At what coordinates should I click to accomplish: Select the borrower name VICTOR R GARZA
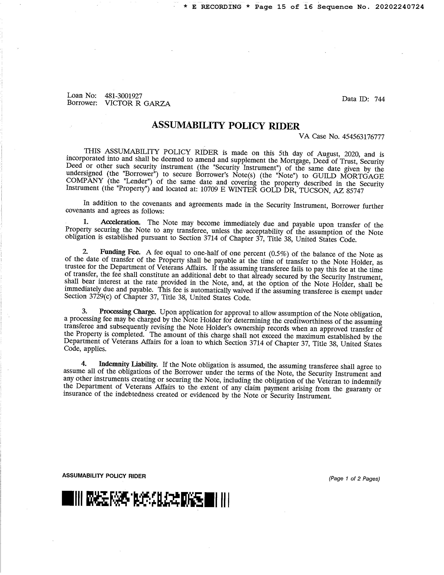(138, 103)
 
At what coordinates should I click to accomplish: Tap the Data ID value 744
(379, 99)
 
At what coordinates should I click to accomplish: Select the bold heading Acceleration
(120, 222)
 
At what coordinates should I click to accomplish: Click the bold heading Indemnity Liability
(128, 364)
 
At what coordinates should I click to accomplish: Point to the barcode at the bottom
(146, 498)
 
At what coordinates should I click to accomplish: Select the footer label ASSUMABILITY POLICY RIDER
(104, 476)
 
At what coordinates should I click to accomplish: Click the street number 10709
(209, 190)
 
